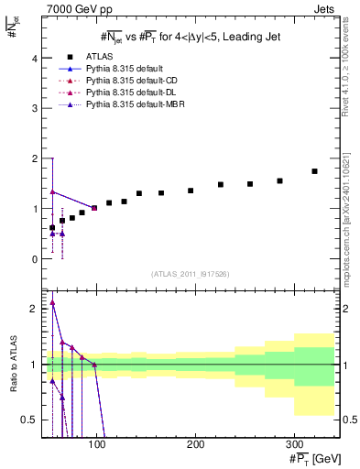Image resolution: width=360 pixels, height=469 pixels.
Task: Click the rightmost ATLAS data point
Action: point(314,171)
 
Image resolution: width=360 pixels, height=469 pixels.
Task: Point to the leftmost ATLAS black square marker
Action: point(52,227)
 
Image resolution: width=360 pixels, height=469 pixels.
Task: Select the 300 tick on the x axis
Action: point(293,444)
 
